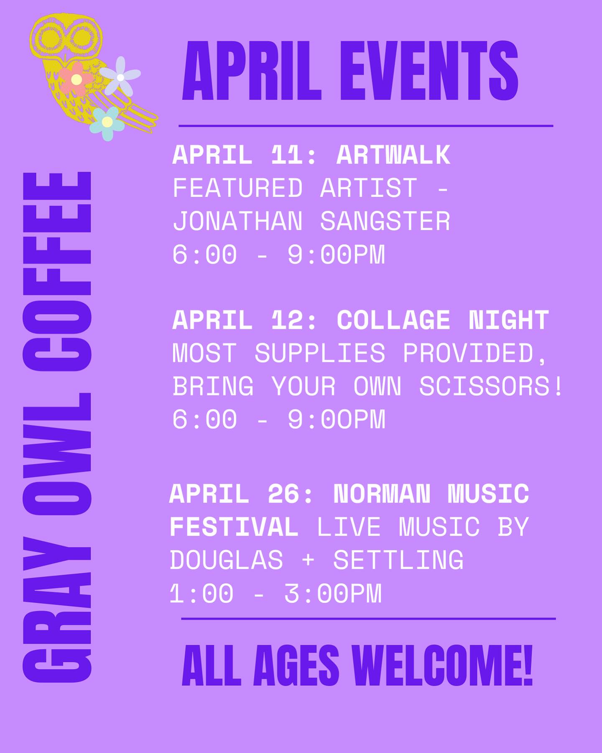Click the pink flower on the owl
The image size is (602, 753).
point(76,79)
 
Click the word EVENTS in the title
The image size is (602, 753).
point(429,71)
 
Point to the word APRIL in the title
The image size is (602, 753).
point(252,71)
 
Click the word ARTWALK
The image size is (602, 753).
point(393,155)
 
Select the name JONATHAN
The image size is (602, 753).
point(238,221)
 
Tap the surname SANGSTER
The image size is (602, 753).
point(385,221)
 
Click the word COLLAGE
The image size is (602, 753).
point(393,320)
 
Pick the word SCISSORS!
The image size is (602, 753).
point(491,386)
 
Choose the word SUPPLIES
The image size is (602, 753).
point(320,353)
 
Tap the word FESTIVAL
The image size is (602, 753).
point(234,527)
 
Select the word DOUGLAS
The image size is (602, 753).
point(227,560)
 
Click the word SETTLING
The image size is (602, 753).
point(398,560)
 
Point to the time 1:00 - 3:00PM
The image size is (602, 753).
point(276,594)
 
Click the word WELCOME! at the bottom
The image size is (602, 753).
point(442,666)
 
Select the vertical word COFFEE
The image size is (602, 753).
point(57,271)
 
